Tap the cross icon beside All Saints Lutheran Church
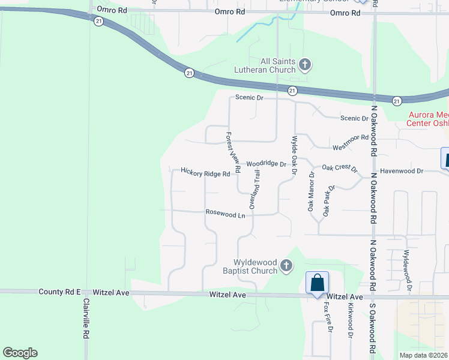pyautogui.click(x=305, y=65)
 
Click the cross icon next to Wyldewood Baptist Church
pyautogui.click(x=287, y=265)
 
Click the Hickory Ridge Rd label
pyautogui.click(x=205, y=173)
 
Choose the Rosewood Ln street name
pyautogui.click(x=226, y=214)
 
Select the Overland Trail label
pyautogui.click(x=256, y=189)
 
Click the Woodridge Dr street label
pyautogui.click(x=267, y=164)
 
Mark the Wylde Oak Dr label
pyautogui.click(x=294, y=155)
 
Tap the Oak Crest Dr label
pyautogui.click(x=339, y=169)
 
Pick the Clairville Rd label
pyautogui.click(x=86, y=317)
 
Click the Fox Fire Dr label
pyautogui.click(x=328, y=316)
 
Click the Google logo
pyautogui.click(x=20, y=353)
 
